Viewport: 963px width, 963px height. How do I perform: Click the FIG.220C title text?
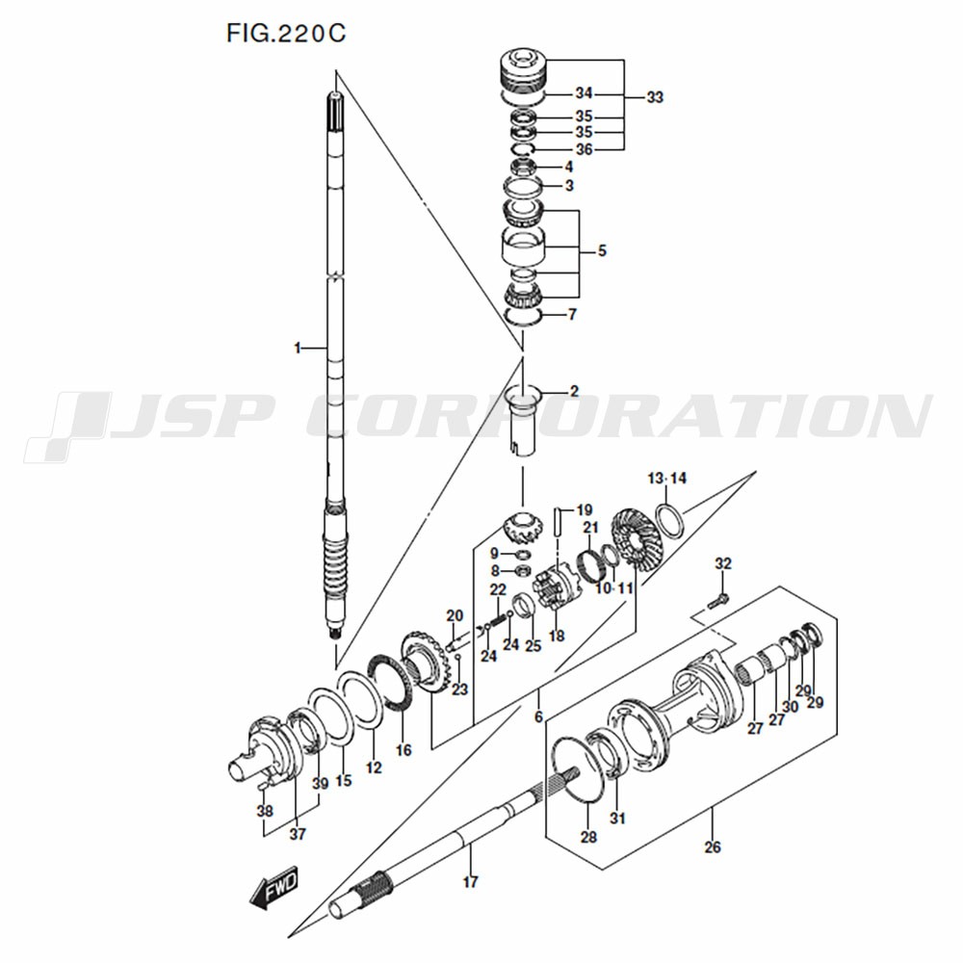click(x=286, y=35)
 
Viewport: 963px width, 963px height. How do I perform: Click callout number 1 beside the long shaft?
click(x=298, y=348)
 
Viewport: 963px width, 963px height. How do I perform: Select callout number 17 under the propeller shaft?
click(x=470, y=880)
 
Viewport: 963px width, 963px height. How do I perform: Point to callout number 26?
click(x=712, y=847)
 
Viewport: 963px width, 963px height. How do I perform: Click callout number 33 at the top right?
click(x=655, y=97)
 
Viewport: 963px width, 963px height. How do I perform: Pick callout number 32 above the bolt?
click(x=723, y=563)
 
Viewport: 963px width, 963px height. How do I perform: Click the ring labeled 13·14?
click(x=672, y=518)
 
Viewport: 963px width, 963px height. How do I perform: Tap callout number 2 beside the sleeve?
click(x=574, y=391)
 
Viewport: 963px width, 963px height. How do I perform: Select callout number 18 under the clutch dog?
click(x=556, y=637)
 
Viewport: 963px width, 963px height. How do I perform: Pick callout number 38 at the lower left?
click(x=265, y=811)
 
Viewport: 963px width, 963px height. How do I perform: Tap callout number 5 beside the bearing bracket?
click(x=602, y=251)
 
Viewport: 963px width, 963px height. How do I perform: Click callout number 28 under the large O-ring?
click(x=588, y=837)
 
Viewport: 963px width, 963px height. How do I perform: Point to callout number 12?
click(x=374, y=768)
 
